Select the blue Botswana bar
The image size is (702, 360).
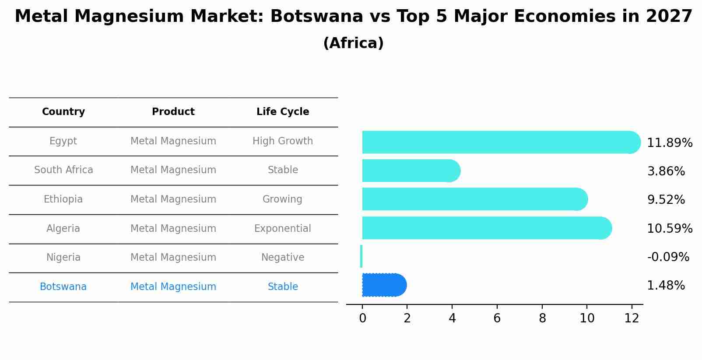pyautogui.click(x=383, y=285)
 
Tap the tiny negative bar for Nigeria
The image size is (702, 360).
pyautogui.click(x=361, y=256)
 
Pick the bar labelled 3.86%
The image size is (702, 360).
pyautogui.click(x=410, y=171)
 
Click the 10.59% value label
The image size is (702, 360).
pyautogui.click(x=669, y=229)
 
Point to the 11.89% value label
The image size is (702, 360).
pyautogui.click(x=669, y=143)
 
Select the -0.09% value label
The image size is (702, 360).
pyautogui.click(x=668, y=257)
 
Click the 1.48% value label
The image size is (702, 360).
pyautogui.click(x=666, y=286)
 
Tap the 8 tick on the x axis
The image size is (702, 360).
pyautogui.click(x=542, y=318)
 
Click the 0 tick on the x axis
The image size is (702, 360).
pyautogui.click(x=362, y=318)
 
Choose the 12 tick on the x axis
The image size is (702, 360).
pyautogui.click(x=632, y=318)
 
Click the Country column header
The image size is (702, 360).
pyautogui.click(x=63, y=112)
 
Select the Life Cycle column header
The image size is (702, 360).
pyautogui.click(x=283, y=112)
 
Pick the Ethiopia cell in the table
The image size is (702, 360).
pyautogui.click(x=63, y=199)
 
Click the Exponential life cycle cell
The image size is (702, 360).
pyautogui.click(x=282, y=229)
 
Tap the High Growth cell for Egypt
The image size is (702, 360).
pyautogui.click(x=282, y=141)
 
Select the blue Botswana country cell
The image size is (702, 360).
pyautogui.click(x=63, y=287)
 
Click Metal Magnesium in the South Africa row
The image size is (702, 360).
pyautogui.click(x=173, y=170)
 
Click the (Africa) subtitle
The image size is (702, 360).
pyautogui.click(x=353, y=43)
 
